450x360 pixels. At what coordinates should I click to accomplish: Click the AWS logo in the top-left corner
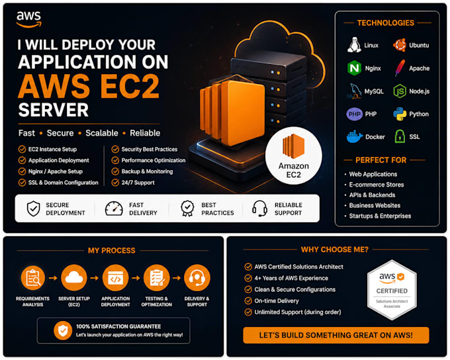28,19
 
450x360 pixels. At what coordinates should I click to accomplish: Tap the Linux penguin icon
354,45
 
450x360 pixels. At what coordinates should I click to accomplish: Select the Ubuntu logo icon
400,45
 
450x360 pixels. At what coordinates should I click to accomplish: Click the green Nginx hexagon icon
355,68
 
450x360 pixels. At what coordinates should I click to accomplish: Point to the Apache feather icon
400,68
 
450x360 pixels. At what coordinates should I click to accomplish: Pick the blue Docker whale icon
355,136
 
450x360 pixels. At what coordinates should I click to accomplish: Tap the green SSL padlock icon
400,136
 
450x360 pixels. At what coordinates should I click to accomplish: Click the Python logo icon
400,114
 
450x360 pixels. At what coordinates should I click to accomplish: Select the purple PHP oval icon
355,114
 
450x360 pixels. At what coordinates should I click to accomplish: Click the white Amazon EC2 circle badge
294,156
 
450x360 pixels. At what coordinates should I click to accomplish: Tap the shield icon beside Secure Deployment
33,208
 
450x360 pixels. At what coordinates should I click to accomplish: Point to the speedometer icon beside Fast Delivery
114,208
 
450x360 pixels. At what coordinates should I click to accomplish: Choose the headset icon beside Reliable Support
259,208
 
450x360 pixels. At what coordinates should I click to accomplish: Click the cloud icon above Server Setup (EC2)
74,277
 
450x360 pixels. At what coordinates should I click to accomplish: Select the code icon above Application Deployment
115,277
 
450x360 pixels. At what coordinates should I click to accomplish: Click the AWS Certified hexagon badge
392,290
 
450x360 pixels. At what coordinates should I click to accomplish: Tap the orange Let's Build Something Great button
336,335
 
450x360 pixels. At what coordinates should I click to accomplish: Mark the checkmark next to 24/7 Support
115,183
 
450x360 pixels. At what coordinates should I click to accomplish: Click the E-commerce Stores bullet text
377,185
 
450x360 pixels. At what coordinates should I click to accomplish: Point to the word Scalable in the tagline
102,133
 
